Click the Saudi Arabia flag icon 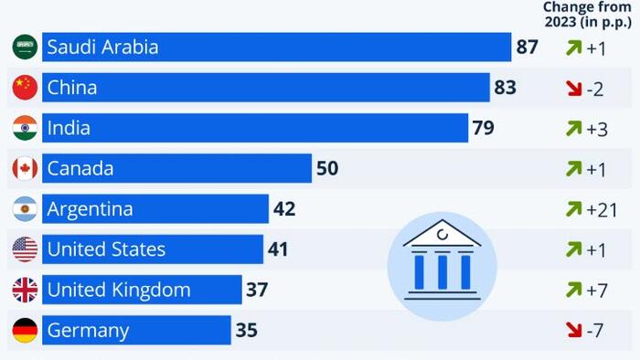[25, 48]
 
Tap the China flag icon [25, 88]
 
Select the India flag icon [25, 128]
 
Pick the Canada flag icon [25, 168]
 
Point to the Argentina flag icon [25, 209]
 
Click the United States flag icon [25, 249]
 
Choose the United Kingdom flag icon [25, 290]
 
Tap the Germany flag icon [25, 330]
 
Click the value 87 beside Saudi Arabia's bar [528, 48]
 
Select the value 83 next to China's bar [506, 88]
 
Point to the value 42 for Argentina [284, 209]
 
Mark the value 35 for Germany [247, 330]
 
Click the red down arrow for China [574, 89]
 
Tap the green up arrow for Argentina [574, 209]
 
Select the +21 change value [603, 209]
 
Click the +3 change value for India [598, 129]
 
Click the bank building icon [442, 264]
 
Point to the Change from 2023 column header [587, 15]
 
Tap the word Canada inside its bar [80, 168]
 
